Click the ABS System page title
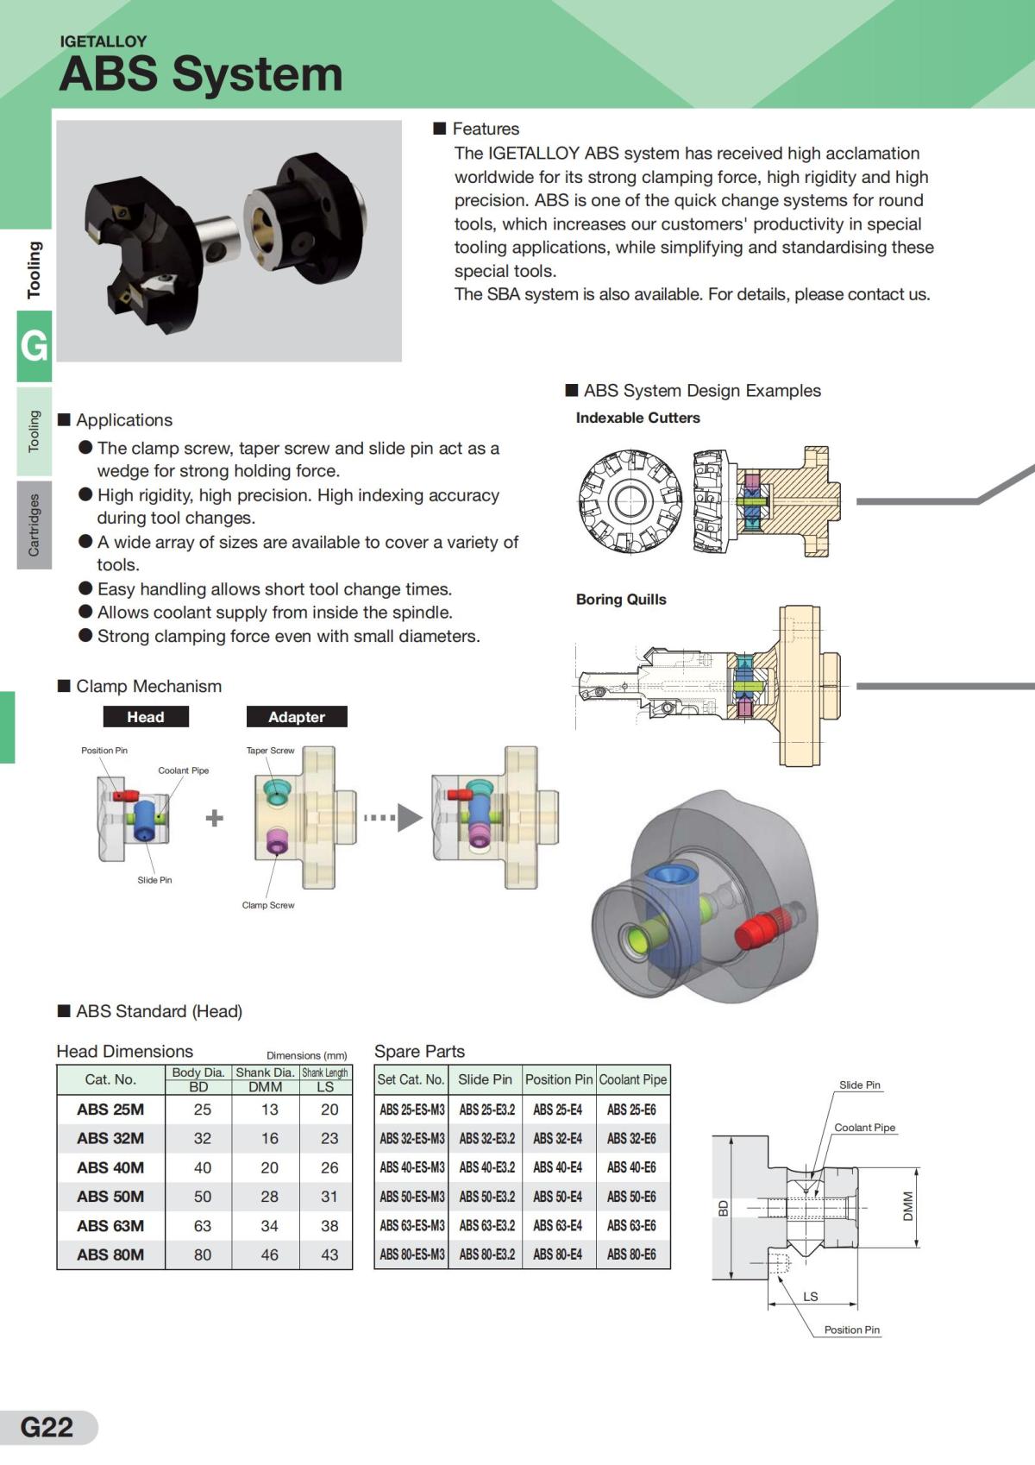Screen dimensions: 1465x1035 click(200, 73)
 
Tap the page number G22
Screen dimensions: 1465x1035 click(47, 1426)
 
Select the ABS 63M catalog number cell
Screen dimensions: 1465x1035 click(110, 1225)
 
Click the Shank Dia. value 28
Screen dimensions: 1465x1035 click(269, 1197)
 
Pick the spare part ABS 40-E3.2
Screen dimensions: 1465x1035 click(486, 1167)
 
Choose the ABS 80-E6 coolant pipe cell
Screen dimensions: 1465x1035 click(631, 1254)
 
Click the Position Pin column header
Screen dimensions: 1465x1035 click(559, 1079)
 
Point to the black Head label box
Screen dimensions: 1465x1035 click(146, 717)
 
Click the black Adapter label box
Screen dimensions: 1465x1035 click(297, 717)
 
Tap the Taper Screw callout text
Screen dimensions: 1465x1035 click(270, 751)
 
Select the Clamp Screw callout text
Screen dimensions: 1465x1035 click(268, 905)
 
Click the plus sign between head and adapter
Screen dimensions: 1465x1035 click(215, 818)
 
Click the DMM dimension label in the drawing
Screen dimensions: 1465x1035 click(907, 1206)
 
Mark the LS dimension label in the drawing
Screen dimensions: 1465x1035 click(810, 1296)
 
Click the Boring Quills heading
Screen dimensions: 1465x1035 click(621, 600)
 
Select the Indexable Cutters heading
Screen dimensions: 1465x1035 click(637, 418)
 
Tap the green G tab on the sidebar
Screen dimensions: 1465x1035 click(34, 346)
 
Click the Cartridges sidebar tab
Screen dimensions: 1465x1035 click(34, 525)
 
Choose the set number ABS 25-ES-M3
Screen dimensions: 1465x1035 click(412, 1110)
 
